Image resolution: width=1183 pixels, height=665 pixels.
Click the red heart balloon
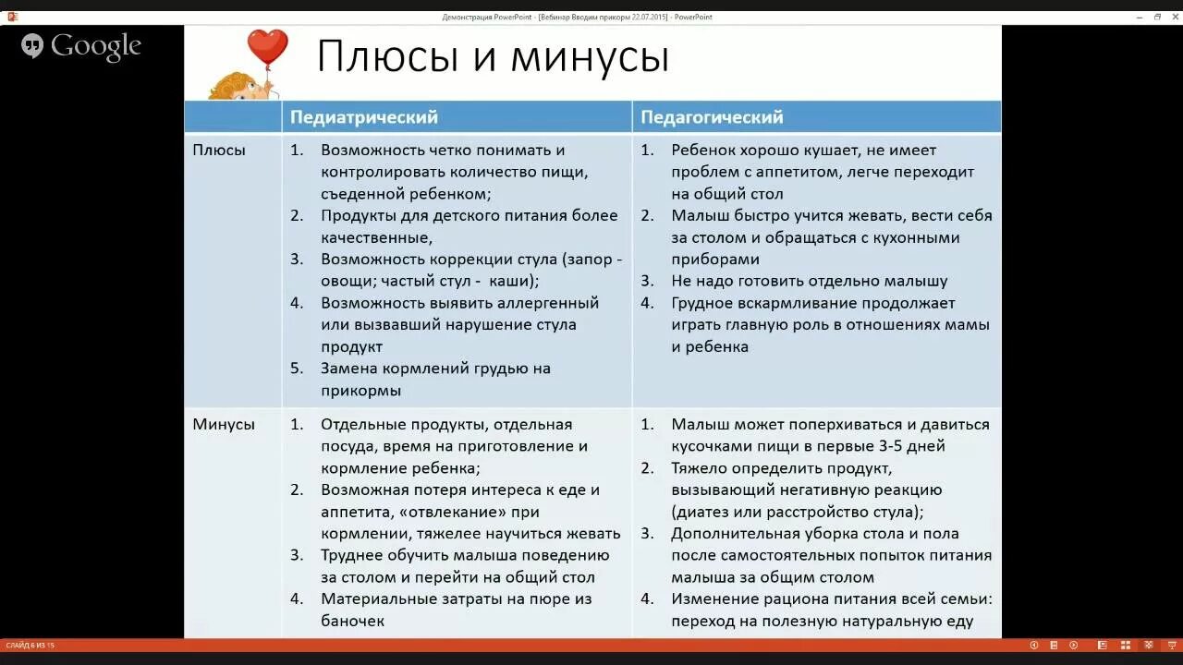[x=267, y=46]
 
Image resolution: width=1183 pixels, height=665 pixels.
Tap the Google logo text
[x=95, y=46]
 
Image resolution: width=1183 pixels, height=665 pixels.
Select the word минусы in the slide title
[x=590, y=57]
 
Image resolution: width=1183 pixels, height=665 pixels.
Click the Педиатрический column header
[x=364, y=117]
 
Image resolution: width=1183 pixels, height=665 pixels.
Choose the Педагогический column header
[x=712, y=117]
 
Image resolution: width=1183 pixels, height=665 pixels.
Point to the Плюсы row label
[x=219, y=150]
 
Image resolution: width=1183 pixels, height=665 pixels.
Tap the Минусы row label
[x=224, y=425]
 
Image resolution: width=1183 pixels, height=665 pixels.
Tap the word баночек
[x=352, y=621]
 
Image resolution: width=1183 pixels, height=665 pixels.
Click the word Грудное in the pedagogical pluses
[x=703, y=303]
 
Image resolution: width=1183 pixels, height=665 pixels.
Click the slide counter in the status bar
[x=30, y=646]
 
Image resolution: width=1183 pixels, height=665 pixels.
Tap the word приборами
[x=715, y=260]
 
